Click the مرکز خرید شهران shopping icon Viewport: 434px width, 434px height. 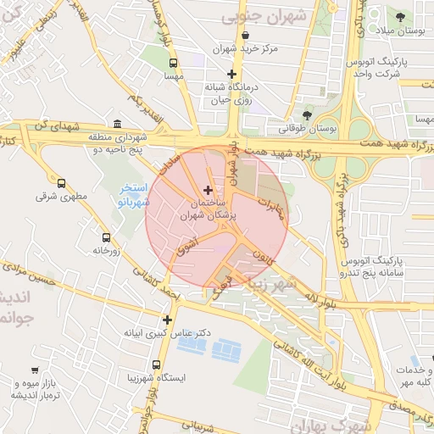tap(246, 36)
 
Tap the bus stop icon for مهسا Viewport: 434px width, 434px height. tap(174, 63)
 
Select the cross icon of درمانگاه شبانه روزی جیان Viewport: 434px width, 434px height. tap(231, 74)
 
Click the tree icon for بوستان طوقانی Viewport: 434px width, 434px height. tap(307, 115)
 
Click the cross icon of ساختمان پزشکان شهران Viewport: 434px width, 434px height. tap(209, 190)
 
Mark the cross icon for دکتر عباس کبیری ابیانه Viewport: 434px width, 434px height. tap(167, 320)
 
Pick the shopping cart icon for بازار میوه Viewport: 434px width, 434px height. tap(34, 370)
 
